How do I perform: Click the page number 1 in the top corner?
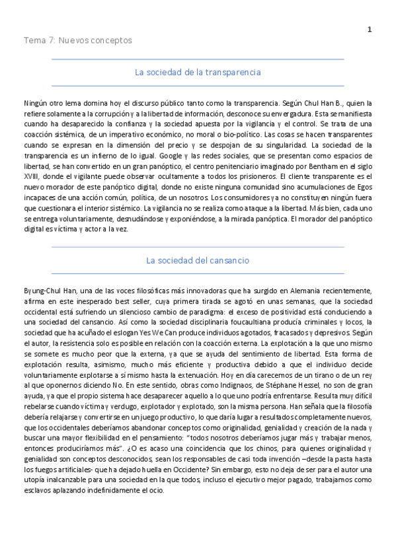(370, 29)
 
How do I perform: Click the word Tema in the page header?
(32, 41)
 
